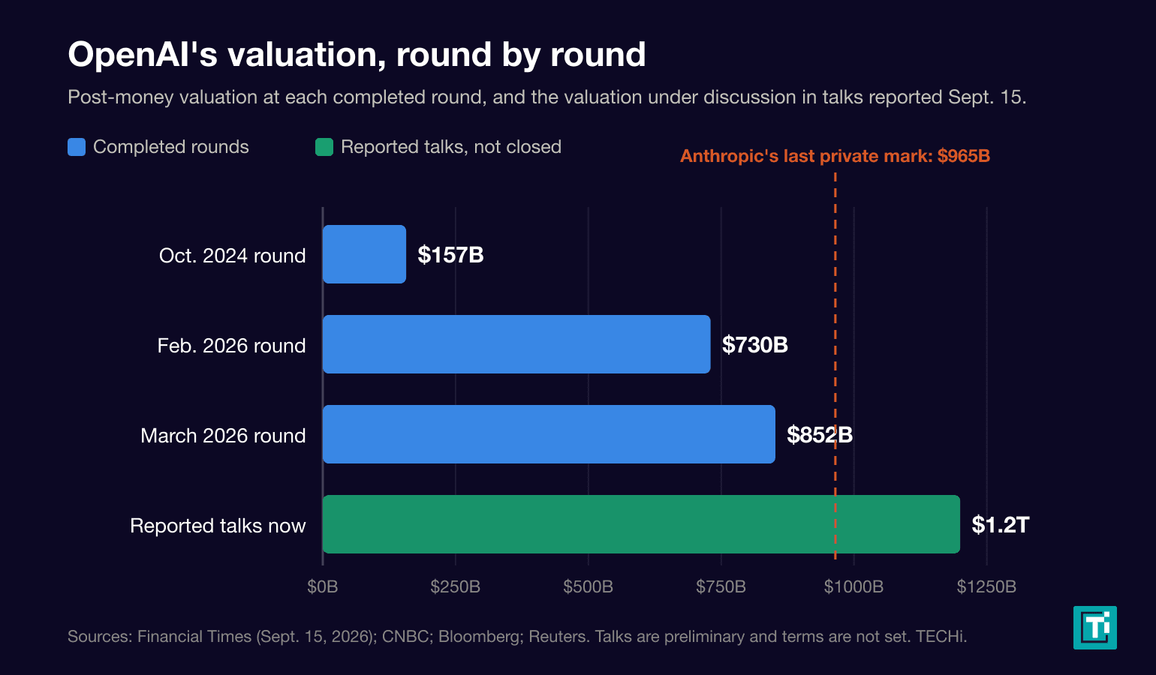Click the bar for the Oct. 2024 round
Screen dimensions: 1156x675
364,254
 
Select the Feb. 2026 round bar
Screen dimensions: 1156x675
516,344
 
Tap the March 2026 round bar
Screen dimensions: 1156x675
549,434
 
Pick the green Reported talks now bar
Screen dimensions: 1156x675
641,524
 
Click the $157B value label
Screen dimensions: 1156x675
450,255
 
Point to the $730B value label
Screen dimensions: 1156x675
755,344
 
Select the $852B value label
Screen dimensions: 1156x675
820,435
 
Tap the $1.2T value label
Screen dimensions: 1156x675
1001,525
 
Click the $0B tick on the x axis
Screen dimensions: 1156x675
323,586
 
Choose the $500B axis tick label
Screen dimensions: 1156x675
589,586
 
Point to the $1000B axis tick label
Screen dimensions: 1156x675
853,586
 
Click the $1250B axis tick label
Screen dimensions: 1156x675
986,586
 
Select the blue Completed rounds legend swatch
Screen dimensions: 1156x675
77,147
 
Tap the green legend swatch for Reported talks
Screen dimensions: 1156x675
324,147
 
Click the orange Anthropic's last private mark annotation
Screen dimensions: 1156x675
835,156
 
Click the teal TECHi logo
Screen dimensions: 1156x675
1095,628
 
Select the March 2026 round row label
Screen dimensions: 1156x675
223,436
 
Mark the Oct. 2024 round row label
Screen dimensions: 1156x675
232,256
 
